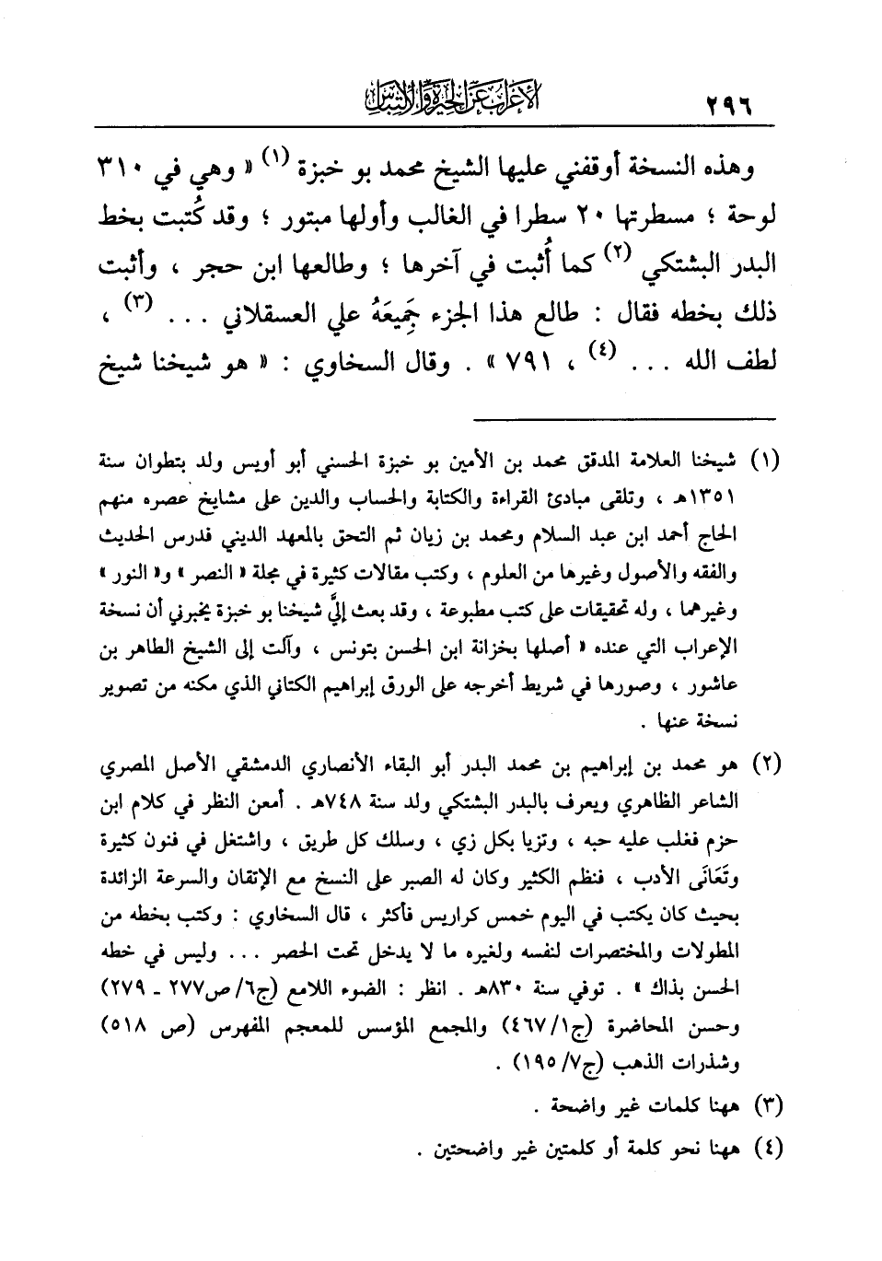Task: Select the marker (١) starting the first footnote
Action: tap(765, 460)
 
